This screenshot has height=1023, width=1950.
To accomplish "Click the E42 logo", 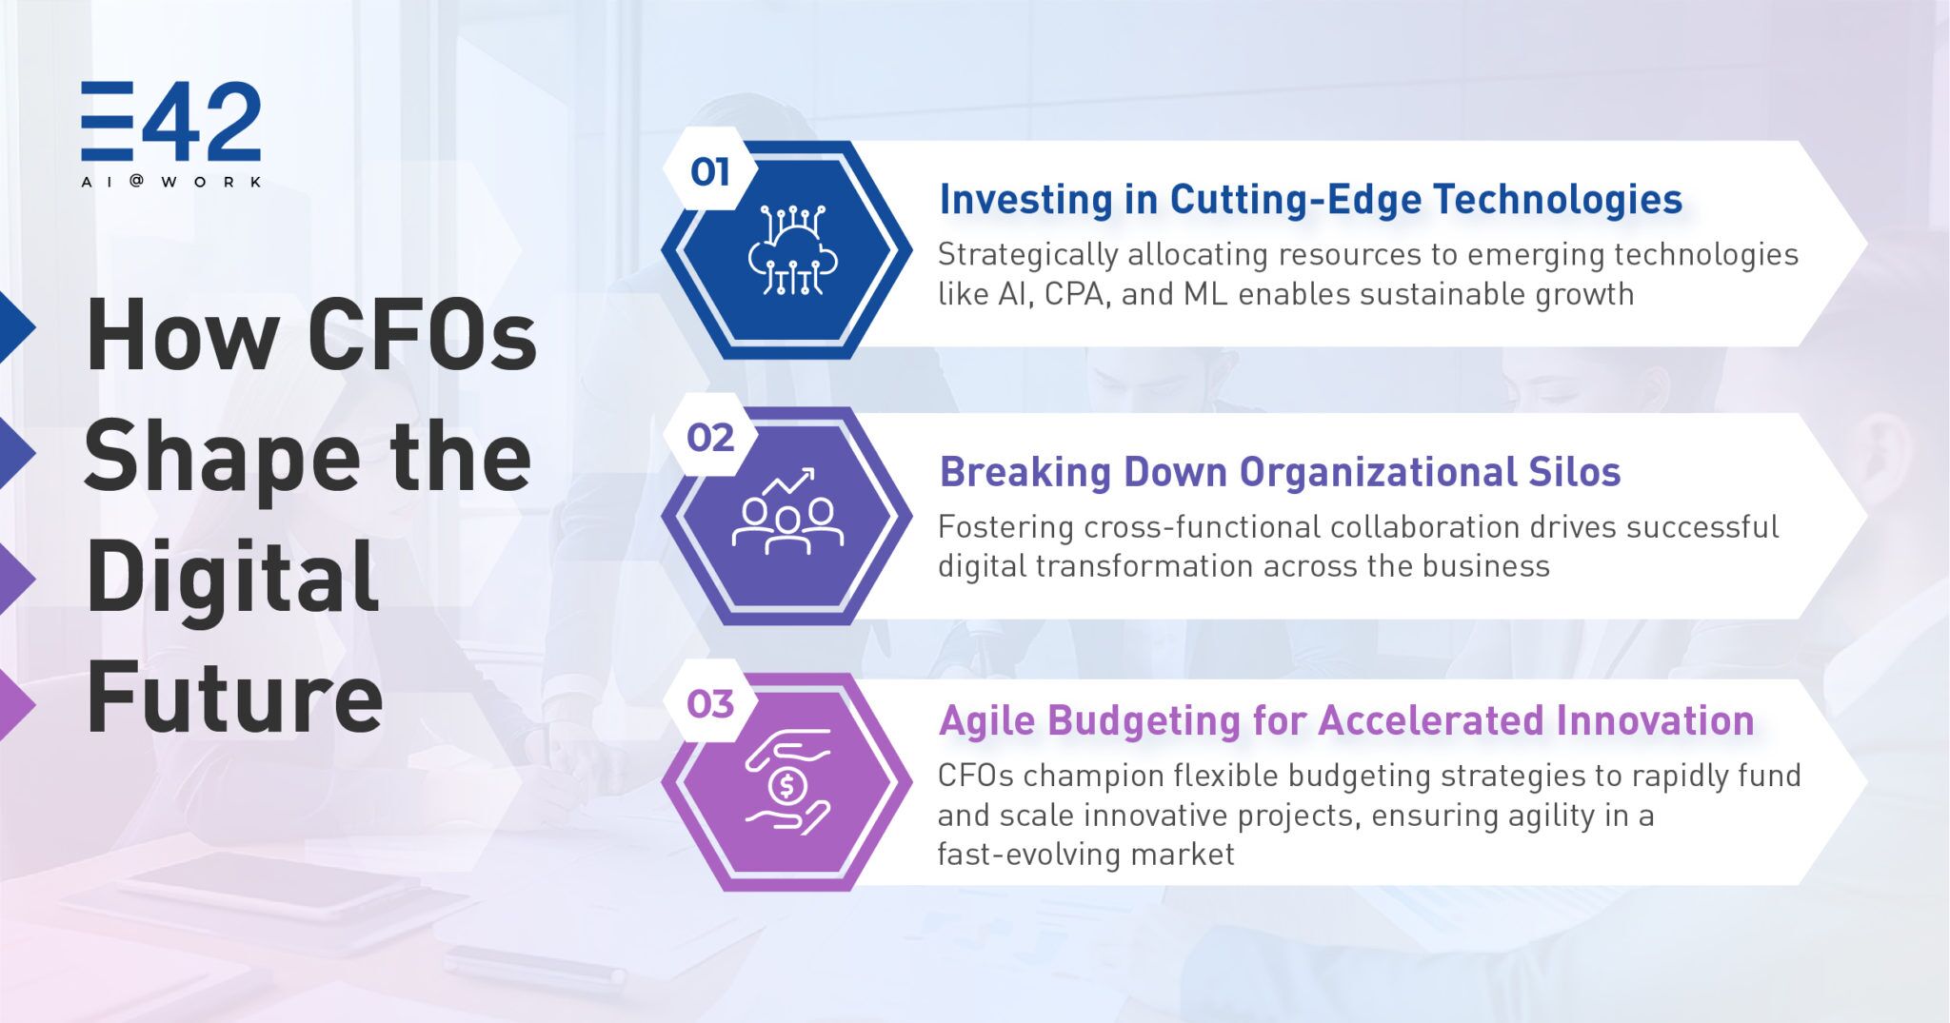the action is (170, 122).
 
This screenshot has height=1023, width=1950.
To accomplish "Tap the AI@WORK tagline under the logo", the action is (171, 181).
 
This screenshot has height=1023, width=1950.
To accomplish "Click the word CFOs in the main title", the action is (422, 335).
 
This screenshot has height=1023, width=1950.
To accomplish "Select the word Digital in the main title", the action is (232, 576).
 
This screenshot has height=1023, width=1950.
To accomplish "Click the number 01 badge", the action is (709, 172).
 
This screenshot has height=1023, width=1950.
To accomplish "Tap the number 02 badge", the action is (709, 438).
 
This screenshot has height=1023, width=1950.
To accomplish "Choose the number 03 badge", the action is (709, 704).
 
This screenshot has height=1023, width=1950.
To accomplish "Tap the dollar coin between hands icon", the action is (787, 782).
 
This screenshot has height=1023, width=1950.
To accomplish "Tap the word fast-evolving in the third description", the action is (1025, 854).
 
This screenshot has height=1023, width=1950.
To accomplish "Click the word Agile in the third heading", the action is (987, 721).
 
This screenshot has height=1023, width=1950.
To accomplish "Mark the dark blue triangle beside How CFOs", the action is (16, 327).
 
